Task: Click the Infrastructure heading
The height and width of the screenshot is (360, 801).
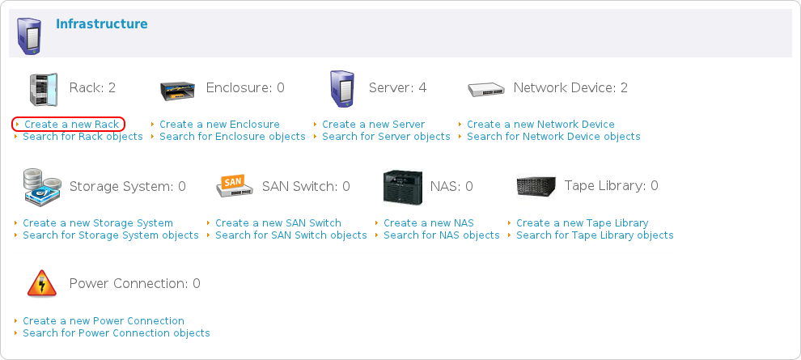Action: click(x=101, y=24)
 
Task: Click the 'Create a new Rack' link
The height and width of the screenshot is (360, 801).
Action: click(x=71, y=125)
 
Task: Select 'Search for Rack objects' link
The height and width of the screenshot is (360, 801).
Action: click(x=83, y=137)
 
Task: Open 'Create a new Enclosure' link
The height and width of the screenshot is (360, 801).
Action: click(x=219, y=125)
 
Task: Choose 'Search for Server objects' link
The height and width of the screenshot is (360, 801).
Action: click(x=386, y=137)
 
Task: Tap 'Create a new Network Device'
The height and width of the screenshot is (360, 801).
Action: click(x=540, y=125)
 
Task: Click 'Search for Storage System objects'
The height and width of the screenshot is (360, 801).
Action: click(x=111, y=235)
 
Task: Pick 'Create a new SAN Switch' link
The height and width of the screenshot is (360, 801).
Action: click(x=278, y=223)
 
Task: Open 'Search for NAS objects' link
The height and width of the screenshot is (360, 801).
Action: click(x=442, y=235)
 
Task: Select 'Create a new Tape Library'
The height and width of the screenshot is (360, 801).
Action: click(x=583, y=223)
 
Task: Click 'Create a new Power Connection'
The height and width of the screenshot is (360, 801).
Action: click(x=104, y=321)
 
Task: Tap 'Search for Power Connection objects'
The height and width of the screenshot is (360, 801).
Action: click(x=117, y=333)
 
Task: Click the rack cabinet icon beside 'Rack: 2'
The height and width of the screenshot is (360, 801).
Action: click(x=43, y=88)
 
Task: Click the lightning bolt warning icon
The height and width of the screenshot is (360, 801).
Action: click(x=42, y=284)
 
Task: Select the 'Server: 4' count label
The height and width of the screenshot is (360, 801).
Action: click(x=397, y=87)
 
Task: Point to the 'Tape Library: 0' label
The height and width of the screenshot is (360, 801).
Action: click(x=611, y=186)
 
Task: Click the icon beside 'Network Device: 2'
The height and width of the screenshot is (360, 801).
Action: click(x=486, y=88)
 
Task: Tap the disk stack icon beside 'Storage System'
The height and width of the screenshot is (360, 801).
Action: click(x=42, y=187)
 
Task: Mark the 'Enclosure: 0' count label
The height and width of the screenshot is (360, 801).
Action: click(x=245, y=87)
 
